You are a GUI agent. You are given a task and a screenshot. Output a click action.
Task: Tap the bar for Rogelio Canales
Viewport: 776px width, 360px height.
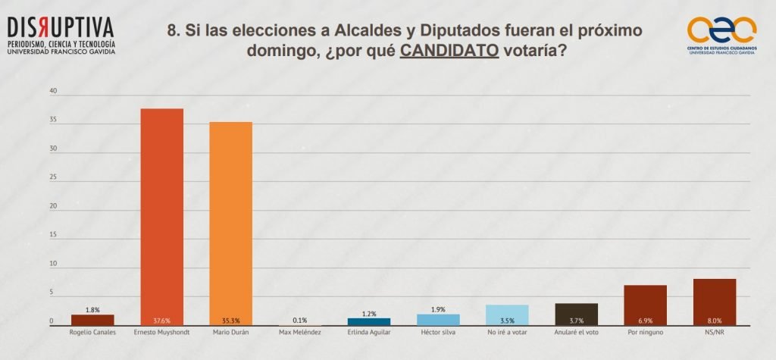[92, 320]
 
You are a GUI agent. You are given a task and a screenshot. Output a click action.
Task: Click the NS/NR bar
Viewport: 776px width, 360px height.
[715, 302]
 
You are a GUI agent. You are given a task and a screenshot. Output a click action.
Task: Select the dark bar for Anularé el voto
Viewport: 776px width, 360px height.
[577, 314]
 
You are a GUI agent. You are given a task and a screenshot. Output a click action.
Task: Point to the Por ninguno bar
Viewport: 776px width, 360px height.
[646, 305]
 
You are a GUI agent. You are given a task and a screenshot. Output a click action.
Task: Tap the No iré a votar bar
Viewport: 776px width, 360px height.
[507, 315]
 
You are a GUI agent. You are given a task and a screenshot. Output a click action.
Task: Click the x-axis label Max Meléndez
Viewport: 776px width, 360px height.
[299, 332]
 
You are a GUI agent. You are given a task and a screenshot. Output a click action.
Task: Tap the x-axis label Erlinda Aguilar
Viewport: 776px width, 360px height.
[369, 332]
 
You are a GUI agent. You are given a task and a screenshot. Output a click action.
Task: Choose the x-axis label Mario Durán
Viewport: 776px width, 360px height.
[230, 332]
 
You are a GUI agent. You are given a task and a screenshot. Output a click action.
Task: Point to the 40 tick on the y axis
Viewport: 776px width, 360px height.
[53, 92]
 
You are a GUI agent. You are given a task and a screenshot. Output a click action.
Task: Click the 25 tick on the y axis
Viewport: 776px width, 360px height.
[53, 178]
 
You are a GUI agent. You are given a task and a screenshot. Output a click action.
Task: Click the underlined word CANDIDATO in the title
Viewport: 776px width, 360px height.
[449, 52]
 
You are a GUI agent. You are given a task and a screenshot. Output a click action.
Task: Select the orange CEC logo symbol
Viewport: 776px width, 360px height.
[721, 30]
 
